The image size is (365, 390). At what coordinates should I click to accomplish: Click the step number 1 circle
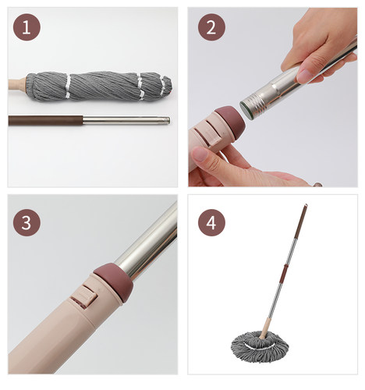point(27,27)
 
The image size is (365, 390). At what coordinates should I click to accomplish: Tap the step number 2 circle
point(211,27)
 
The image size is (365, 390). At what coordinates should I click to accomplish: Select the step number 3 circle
point(27,222)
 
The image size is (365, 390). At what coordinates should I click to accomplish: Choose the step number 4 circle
point(211,222)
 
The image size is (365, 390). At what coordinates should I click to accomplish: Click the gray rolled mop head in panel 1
point(99,86)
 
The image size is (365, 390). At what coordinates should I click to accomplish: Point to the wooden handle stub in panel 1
point(17,83)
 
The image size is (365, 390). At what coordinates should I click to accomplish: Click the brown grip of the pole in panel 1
point(45,121)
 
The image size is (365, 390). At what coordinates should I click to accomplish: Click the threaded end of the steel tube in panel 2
point(252,107)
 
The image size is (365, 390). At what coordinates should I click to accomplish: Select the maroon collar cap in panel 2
point(231,121)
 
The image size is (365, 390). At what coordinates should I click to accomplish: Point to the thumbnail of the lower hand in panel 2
point(200,154)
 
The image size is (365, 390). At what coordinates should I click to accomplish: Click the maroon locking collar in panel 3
point(115,282)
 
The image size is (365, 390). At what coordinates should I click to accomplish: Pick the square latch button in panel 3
point(83,296)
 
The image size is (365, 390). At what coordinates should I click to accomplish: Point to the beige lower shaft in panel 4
point(267,328)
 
